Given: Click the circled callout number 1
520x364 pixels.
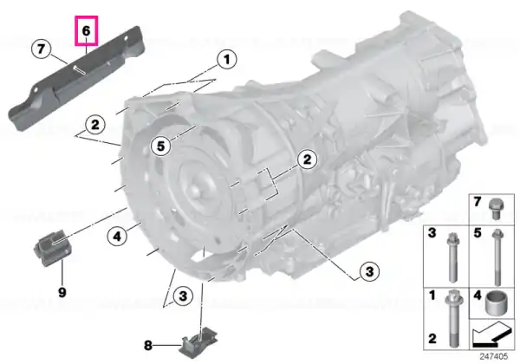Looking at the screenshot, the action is click(227, 60).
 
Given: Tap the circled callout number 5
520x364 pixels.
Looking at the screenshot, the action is click(161, 146).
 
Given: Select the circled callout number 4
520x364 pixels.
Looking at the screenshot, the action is click(117, 237).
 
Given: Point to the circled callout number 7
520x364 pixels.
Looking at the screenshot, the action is click(41, 49).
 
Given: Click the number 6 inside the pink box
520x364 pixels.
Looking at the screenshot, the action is click(86, 31).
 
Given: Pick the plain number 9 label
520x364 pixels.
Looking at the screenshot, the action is click(62, 292).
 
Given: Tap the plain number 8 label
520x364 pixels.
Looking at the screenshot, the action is click(148, 346).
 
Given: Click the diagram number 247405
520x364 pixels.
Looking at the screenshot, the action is click(494, 356).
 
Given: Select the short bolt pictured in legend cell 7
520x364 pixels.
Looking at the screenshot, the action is click(495, 209).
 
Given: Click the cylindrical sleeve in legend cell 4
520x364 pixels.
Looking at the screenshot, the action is click(495, 302).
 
